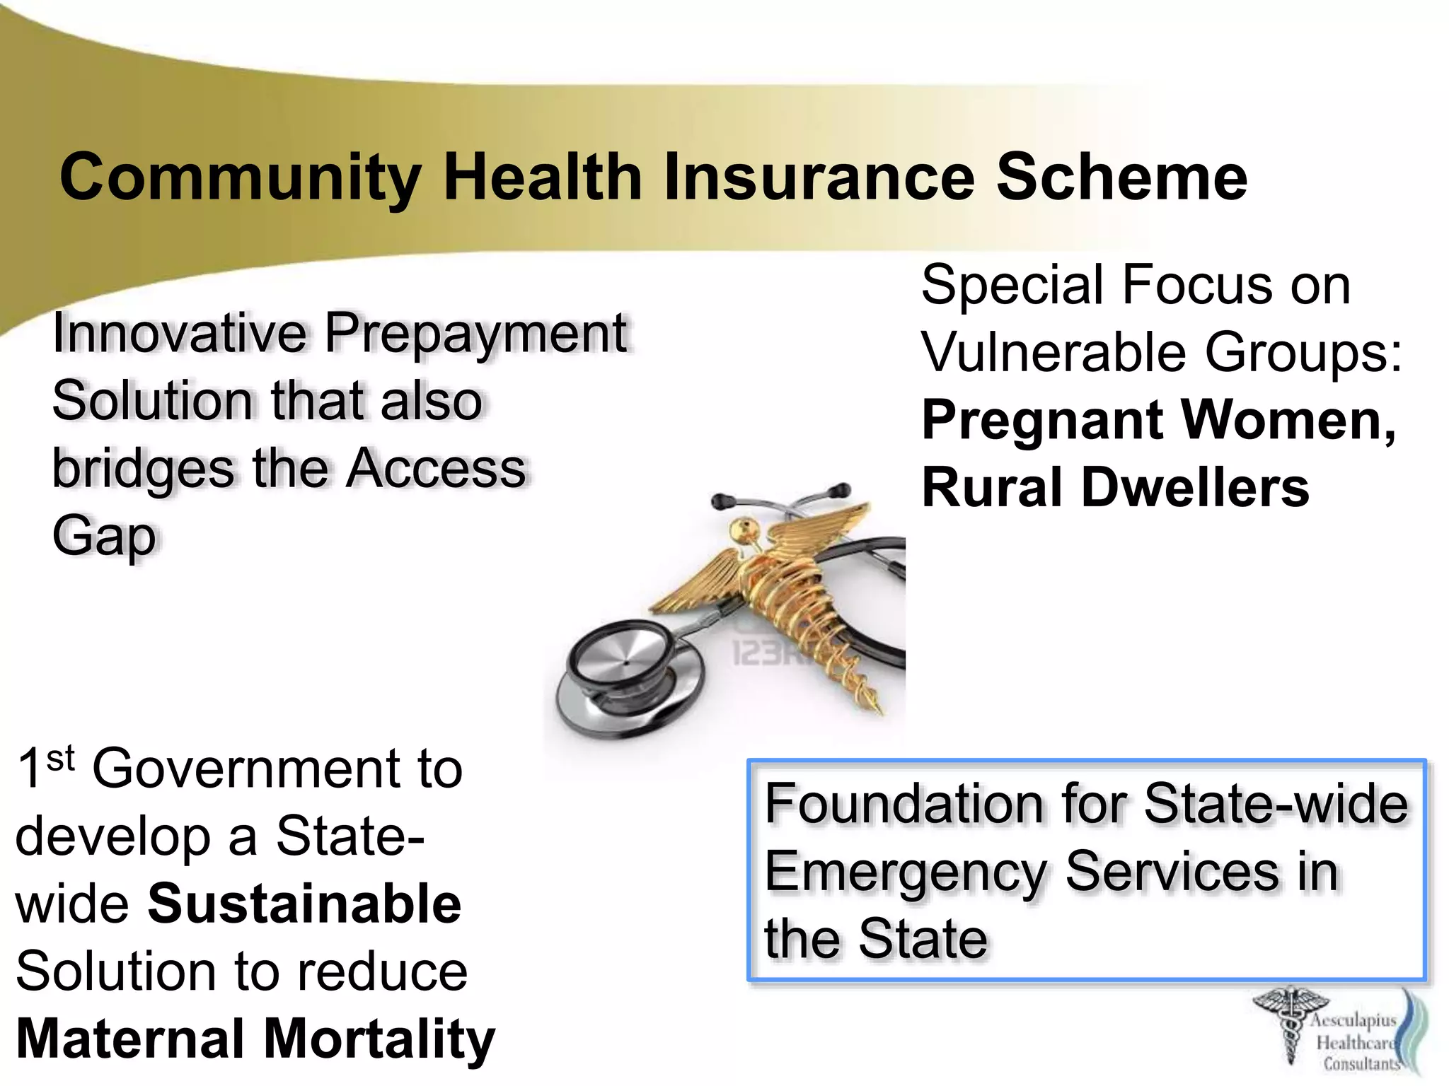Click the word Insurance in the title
(819, 177)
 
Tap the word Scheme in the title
(1121, 177)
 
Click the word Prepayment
(475, 334)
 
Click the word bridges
(143, 470)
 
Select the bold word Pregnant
(1043, 420)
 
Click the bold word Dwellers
(1195, 488)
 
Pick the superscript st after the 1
(60, 759)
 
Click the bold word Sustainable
(304, 904)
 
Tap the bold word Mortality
(379, 1039)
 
